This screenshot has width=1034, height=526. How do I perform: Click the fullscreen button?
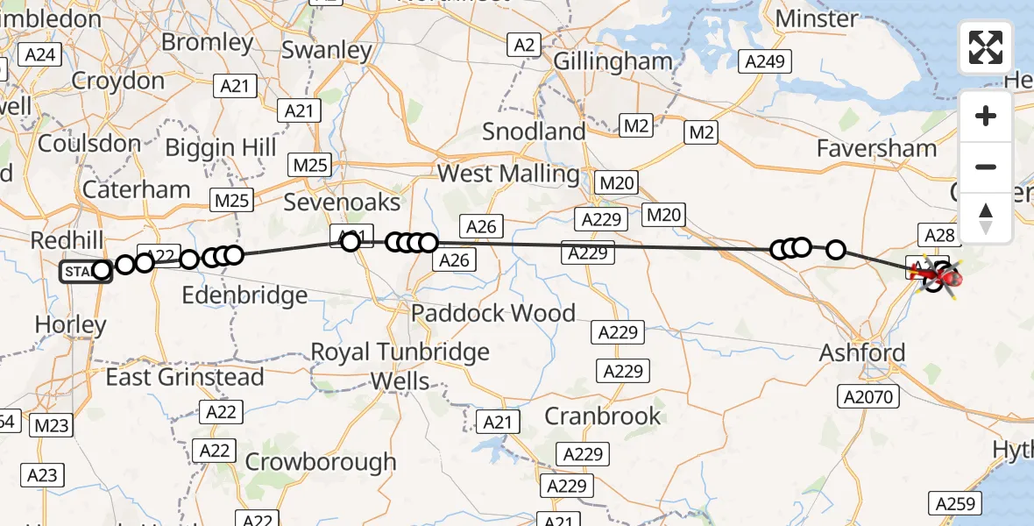(986, 47)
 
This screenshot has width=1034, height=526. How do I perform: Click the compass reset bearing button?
(986, 217)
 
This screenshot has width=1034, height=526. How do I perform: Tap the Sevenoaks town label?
(342, 203)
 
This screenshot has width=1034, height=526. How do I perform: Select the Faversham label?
(876, 148)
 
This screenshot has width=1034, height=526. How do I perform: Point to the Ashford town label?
(861, 353)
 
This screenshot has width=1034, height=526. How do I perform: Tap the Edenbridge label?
(244, 295)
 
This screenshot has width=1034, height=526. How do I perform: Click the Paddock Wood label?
(493, 313)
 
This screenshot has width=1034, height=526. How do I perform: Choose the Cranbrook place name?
(603, 416)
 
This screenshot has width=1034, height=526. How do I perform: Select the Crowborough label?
(321, 461)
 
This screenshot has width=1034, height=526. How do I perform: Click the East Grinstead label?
(185, 377)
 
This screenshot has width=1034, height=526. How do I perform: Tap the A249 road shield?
(765, 61)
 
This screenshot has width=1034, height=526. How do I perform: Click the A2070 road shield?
(869, 397)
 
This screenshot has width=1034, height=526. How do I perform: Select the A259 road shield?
(955, 504)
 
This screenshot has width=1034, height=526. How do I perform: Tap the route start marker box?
(79, 272)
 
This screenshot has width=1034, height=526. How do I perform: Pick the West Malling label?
(508, 174)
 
